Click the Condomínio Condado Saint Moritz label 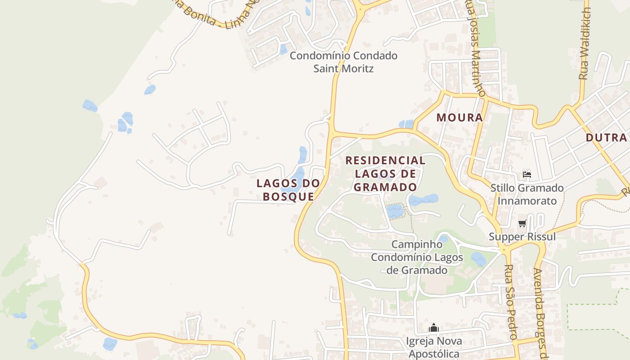pos(343,62)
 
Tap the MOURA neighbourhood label pos(459,118)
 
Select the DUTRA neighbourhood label pos(606,138)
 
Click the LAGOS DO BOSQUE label pos(288,190)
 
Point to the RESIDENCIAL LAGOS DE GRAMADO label pos(385,174)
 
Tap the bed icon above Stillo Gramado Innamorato pos(526,175)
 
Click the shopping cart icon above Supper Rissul pos(522,223)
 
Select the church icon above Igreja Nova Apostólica pos(433,328)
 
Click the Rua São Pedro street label pos(510,301)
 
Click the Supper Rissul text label pos(522,237)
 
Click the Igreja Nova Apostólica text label pos(433,347)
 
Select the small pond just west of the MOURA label pos(406,124)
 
